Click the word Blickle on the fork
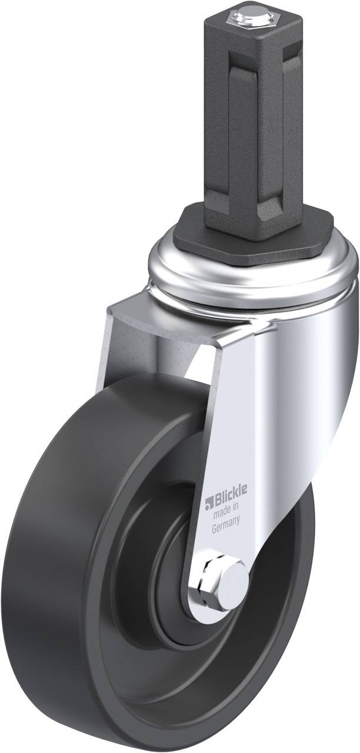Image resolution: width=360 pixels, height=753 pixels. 229,504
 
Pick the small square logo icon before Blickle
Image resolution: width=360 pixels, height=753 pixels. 208,505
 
